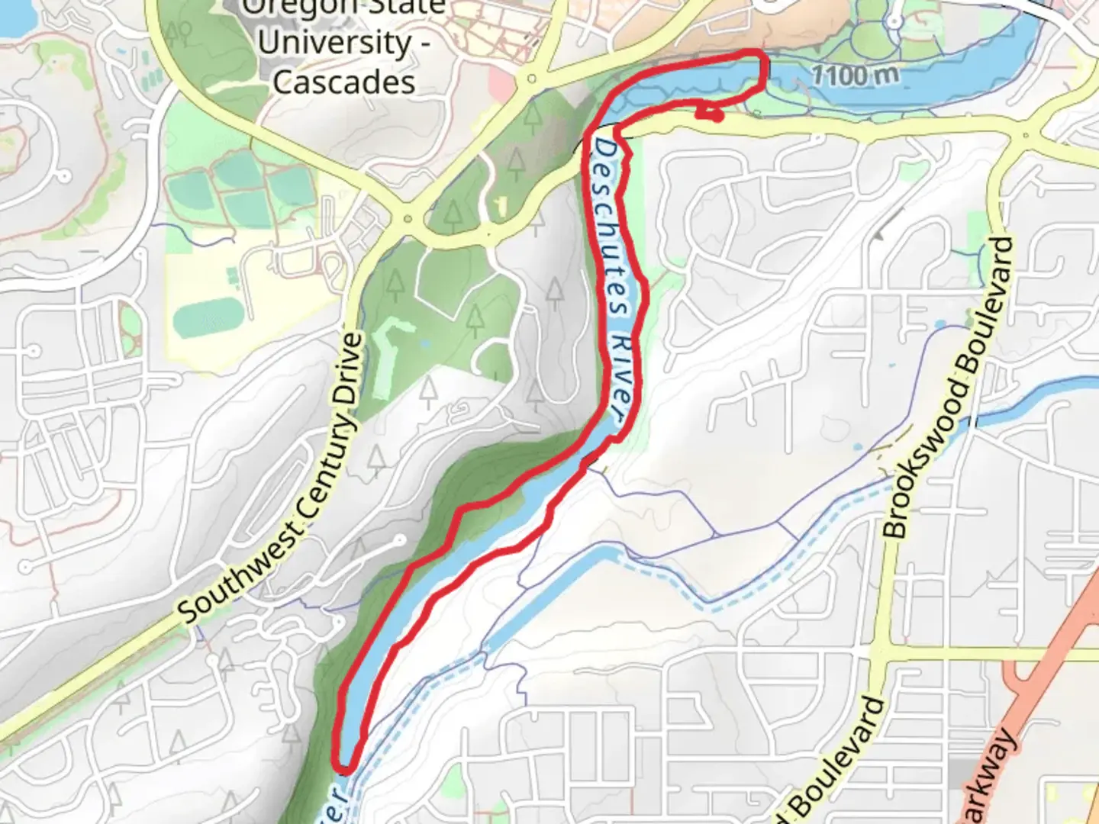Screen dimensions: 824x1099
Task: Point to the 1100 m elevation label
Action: pyautogui.click(x=855, y=75)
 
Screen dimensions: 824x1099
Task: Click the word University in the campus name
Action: pyautogui.click(x=336, y=43)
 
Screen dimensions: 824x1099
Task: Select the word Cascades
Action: pyautogui.click(x=343, y=82)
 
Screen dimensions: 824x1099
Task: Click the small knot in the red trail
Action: pyautogui.click(x=711, y=114)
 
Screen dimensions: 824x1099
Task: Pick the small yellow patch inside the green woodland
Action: pyautogui.click(x=501, y=204)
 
